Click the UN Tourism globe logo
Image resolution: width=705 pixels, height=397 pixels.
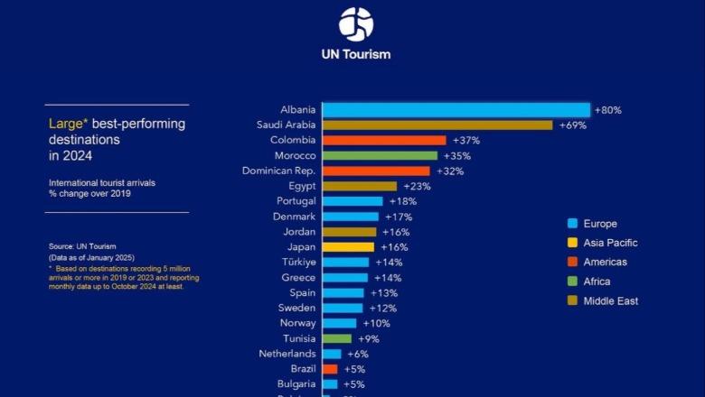coord(356,24)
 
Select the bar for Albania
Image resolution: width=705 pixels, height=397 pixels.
coord(456,110)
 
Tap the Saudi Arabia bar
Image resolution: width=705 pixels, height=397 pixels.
coord(437,125)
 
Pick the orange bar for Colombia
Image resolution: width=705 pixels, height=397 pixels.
coord(384,141)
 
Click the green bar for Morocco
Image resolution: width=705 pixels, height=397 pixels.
coord(380,156)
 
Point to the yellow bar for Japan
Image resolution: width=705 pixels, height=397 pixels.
coord(348,247)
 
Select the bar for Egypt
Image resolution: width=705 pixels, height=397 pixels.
coord(360,186)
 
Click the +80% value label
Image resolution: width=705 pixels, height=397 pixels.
coord(607,110)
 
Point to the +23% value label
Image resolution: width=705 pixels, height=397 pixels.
coord(417,186)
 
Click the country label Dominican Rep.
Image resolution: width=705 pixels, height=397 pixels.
coord(279,171)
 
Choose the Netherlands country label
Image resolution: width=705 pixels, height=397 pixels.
coord(287,354)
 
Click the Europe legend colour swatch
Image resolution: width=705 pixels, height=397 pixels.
coord(572,224)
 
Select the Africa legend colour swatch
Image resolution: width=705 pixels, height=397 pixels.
coord(572,282)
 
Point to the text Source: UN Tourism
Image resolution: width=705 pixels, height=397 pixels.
coord(82,246)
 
